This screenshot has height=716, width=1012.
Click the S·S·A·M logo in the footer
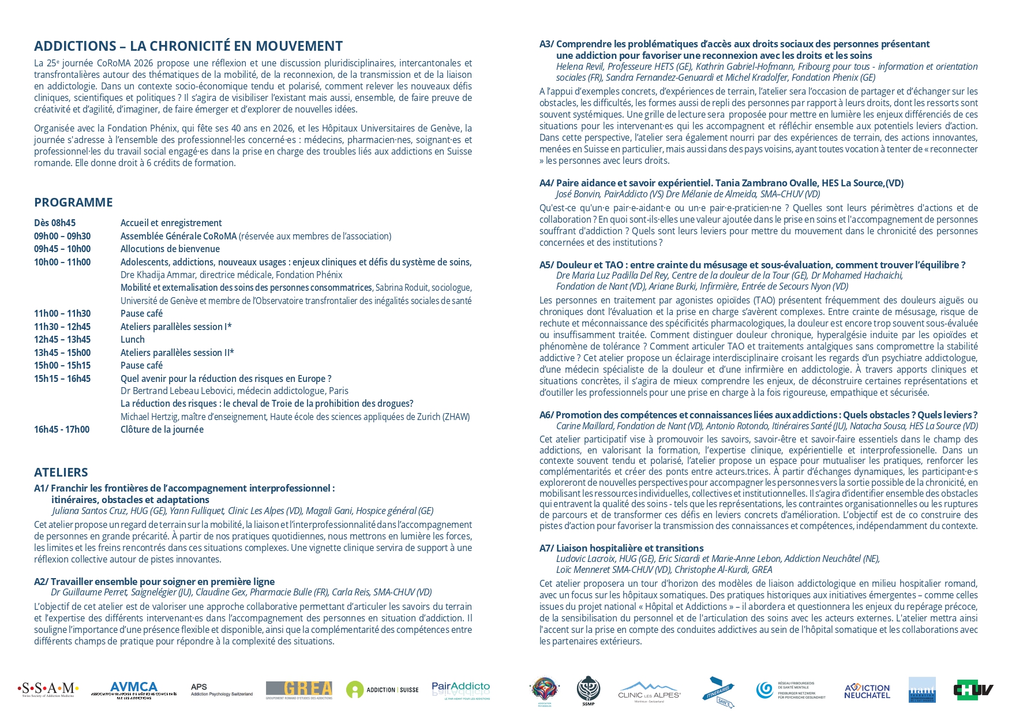click(x=48, y=689)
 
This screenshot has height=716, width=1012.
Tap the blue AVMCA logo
click(x=133, y=689)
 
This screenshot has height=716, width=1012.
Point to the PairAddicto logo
click(x=460, y=689)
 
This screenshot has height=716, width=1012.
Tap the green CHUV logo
click(x=973, y=689)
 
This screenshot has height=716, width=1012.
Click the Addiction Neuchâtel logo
click(x=867, y=691)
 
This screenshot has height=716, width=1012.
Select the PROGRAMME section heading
click(x=73, y=203)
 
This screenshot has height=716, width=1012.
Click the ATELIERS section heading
click(x=61, y=473)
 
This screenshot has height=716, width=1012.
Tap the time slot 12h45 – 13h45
click(x=62, y=339)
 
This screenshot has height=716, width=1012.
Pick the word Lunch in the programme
click(x=133, y=339)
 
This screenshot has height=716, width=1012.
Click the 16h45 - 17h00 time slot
click(x=62, y=429)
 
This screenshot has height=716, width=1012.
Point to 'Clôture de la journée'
click(x=162, y=429)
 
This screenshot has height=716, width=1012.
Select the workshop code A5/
click(x=546, y=265)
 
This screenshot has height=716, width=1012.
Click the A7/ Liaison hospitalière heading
click(x=621, y=548)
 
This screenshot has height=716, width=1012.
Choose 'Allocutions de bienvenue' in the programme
click(x=170, y=249)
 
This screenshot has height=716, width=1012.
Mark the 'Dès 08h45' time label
click(x=55, y=223)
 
